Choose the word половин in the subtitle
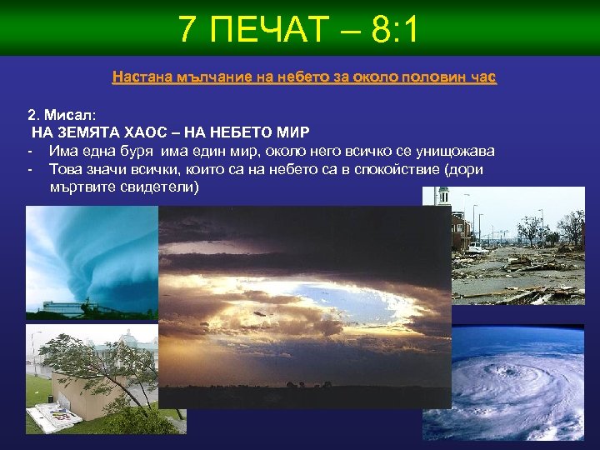(424, 77)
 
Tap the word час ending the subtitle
(480, 77)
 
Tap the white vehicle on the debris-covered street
(477, 247)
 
